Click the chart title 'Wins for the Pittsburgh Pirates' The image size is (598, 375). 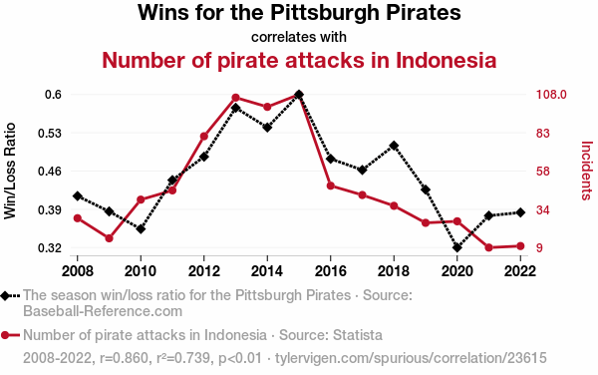[x=299, y=14]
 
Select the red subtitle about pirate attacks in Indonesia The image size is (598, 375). [x=299, y=61]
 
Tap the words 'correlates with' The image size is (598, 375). [x=299, y=37]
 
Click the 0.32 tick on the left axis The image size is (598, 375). [x=49, y=247]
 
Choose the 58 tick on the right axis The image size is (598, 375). [x=544, y=172]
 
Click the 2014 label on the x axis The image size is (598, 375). [x=267, y=270]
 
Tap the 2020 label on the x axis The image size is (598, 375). [x=456, y=270]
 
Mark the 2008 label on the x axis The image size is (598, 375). [x=77, y=270]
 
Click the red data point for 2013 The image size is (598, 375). [x=235, y=98]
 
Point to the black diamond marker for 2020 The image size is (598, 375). [x=457, y=247]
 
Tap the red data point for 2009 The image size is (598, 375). [x=109, y=238]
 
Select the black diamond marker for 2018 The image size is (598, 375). [x=394, y=146]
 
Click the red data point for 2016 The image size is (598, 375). [x=331, y=186]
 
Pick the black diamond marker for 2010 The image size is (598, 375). [x=141, y=229]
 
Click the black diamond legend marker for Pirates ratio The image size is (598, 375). [x=10, y=296]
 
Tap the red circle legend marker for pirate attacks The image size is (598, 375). [x=10, y=334]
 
